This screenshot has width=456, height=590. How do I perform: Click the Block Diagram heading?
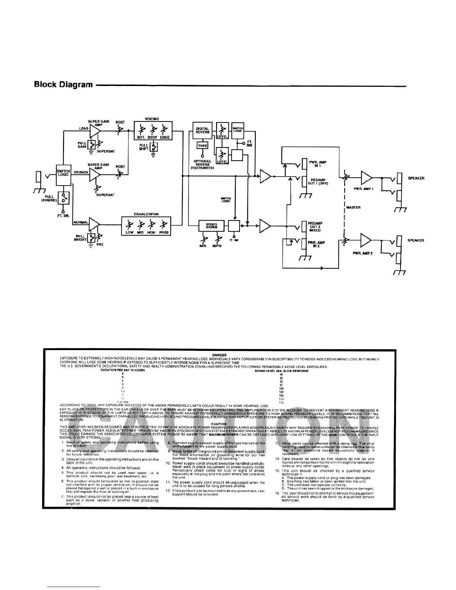63,84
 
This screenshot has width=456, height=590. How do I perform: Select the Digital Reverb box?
202,130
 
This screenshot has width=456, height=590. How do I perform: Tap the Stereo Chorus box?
211,225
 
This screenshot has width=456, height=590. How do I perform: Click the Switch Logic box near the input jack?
63,174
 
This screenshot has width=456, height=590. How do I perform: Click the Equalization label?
146,214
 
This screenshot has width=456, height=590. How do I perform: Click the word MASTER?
353,207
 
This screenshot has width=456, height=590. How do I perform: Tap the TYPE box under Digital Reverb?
202,146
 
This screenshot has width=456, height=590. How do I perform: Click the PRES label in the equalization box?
164,232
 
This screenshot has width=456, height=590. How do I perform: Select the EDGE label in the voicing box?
165,137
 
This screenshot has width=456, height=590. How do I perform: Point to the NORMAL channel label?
81,223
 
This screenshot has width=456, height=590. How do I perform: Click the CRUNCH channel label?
81,172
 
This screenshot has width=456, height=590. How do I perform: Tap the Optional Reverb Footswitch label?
202,165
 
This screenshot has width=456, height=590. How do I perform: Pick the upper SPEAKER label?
416,178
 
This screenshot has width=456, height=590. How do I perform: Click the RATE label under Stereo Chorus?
203,246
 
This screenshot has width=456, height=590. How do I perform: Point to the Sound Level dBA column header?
281,371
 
